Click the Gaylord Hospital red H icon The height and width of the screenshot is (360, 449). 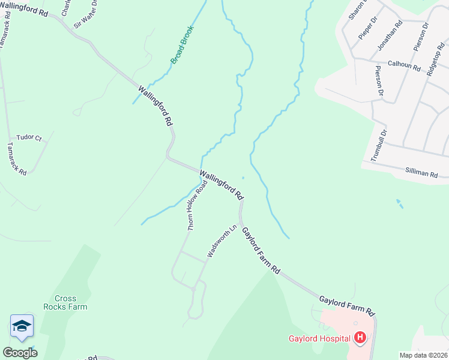pyautogui.click(x=360, y=338)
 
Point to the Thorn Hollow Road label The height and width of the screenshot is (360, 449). pyautogui.click(x=197, y=205)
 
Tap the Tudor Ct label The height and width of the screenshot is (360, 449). pyautogui.click(x=29, y=137)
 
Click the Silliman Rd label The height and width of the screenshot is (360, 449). pyautogui.click(x=421, y=173)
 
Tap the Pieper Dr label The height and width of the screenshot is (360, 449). pyautogui.click(x=367, y=28)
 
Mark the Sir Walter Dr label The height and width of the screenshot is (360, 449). pyautogui.click(x=85, y=19)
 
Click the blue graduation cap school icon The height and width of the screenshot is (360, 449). pyautogui.click(x=22, y=326)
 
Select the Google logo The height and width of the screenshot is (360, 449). pyautogui.click(x=20, y=353)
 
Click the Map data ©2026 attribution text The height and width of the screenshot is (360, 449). pyautogui.click(x=423, y=355)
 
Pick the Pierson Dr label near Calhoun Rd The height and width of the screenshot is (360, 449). pyautogui.click(x=379, y=81)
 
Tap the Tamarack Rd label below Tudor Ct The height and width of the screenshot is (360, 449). pyautogui.click(x=17, y=159)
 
